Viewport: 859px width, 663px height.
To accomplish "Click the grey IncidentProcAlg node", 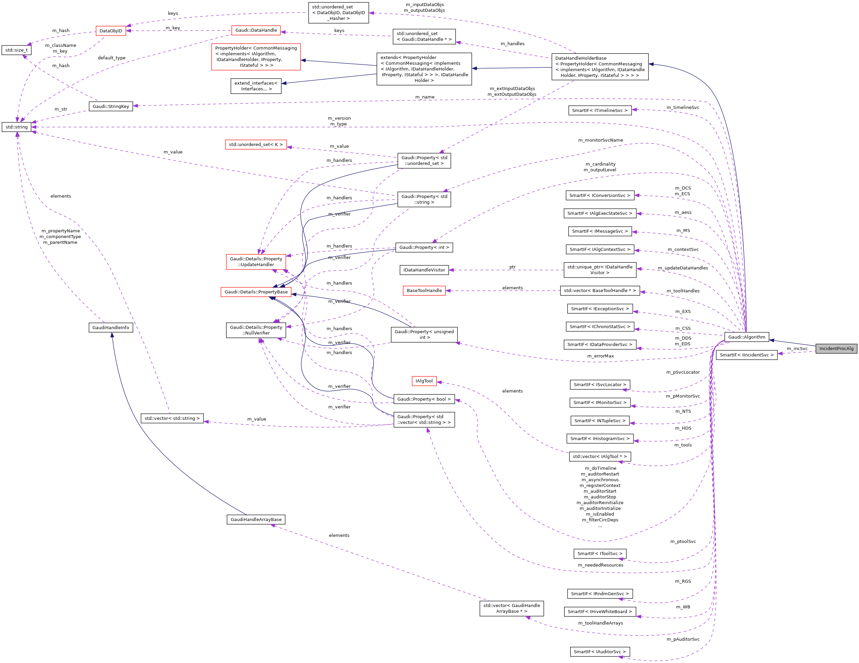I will coord(836,348).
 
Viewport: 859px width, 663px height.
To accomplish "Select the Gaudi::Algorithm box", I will coord(747,337).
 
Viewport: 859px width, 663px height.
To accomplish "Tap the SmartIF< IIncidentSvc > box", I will coord(747,355).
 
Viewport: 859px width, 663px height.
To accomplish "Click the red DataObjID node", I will coord(111,31).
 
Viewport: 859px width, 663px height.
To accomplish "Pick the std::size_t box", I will coord(17,50).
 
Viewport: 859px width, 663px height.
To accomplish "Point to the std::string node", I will coord(17,127).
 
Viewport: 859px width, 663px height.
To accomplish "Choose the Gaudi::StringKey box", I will coord(111,106).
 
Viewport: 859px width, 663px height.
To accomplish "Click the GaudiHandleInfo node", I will coord(111,327).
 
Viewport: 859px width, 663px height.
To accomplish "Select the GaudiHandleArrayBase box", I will coord(256,519).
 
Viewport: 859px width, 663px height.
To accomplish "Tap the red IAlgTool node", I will coord(424,381).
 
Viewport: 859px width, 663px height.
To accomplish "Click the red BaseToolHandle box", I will coord(424,291).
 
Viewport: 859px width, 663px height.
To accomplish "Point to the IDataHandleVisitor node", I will coord(424,270).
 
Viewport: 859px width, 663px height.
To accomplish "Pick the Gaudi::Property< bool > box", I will coord(424,399).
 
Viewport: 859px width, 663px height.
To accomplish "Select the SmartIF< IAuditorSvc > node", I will coord(600,652).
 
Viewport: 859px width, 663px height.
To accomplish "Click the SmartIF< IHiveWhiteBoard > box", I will coord(600,611).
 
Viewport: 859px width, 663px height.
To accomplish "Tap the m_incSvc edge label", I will coord(797,348).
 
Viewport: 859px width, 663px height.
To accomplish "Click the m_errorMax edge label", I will coord(600,356).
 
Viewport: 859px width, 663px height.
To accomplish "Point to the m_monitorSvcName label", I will coord(600,140).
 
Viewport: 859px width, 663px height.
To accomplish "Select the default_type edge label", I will coord(111,58).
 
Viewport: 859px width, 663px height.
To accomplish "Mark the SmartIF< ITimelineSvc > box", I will coord(600,111).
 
